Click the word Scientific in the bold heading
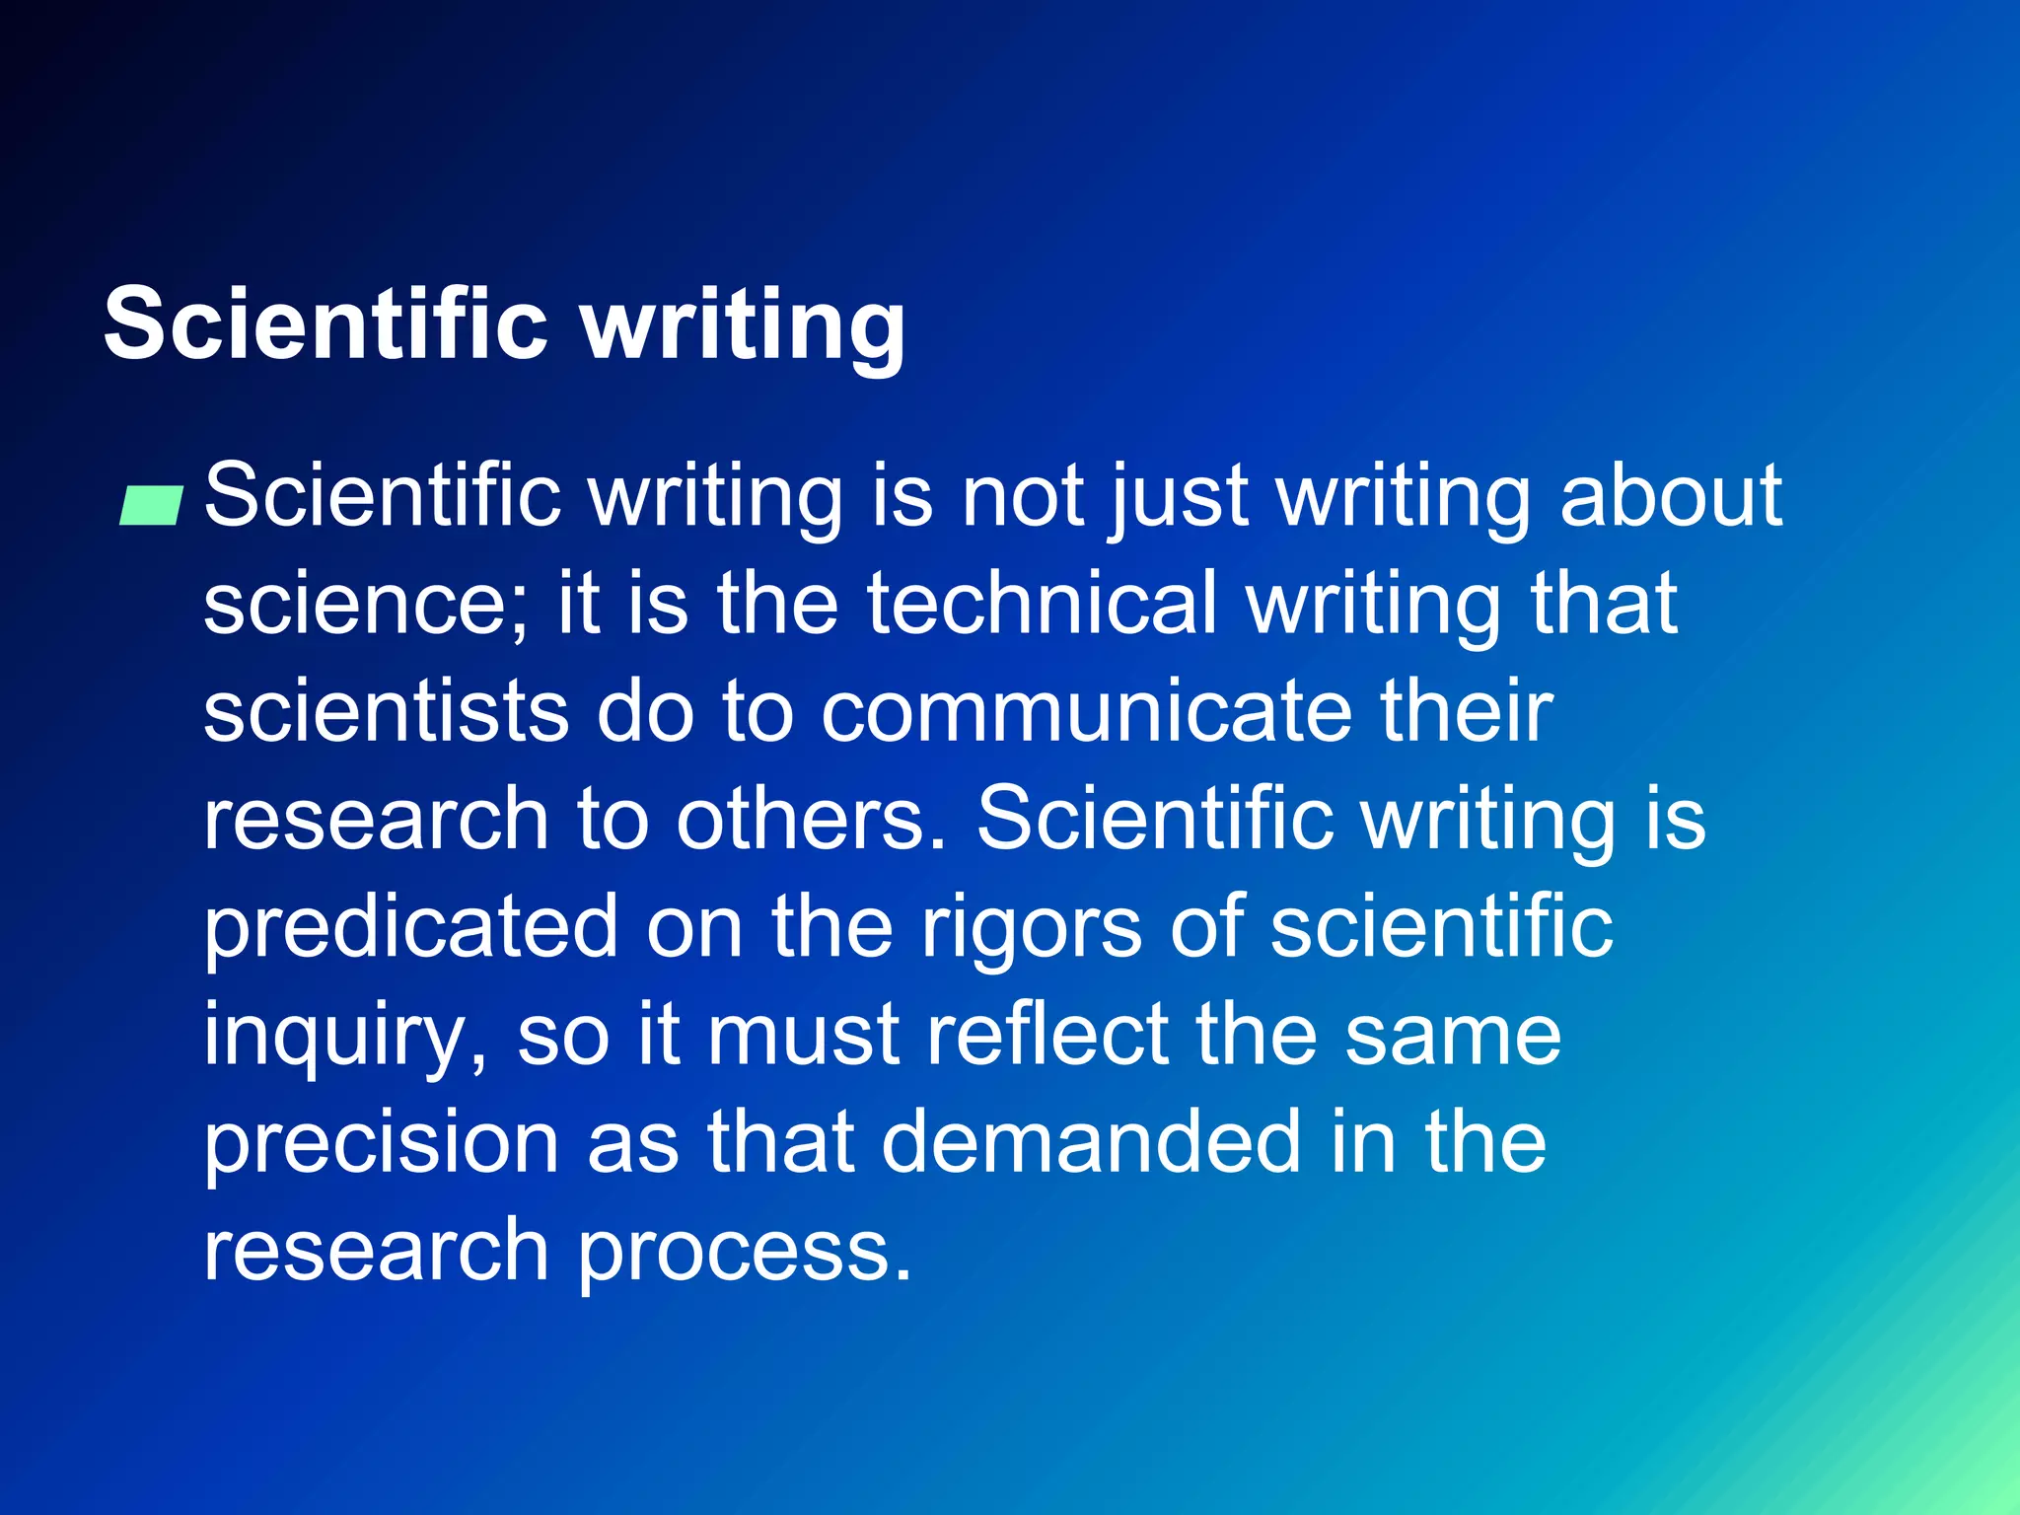tap(325, 324)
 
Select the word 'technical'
tap(1042, 604)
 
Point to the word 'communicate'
tap(1086, 712)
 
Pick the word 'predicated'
tap(410, 927)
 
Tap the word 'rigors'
tap(1031, 927)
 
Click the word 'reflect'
tap(1046, 1036)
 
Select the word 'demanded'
tap(1090, 1142)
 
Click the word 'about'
tap(1671, 495)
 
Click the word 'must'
tap(804, 1036)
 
